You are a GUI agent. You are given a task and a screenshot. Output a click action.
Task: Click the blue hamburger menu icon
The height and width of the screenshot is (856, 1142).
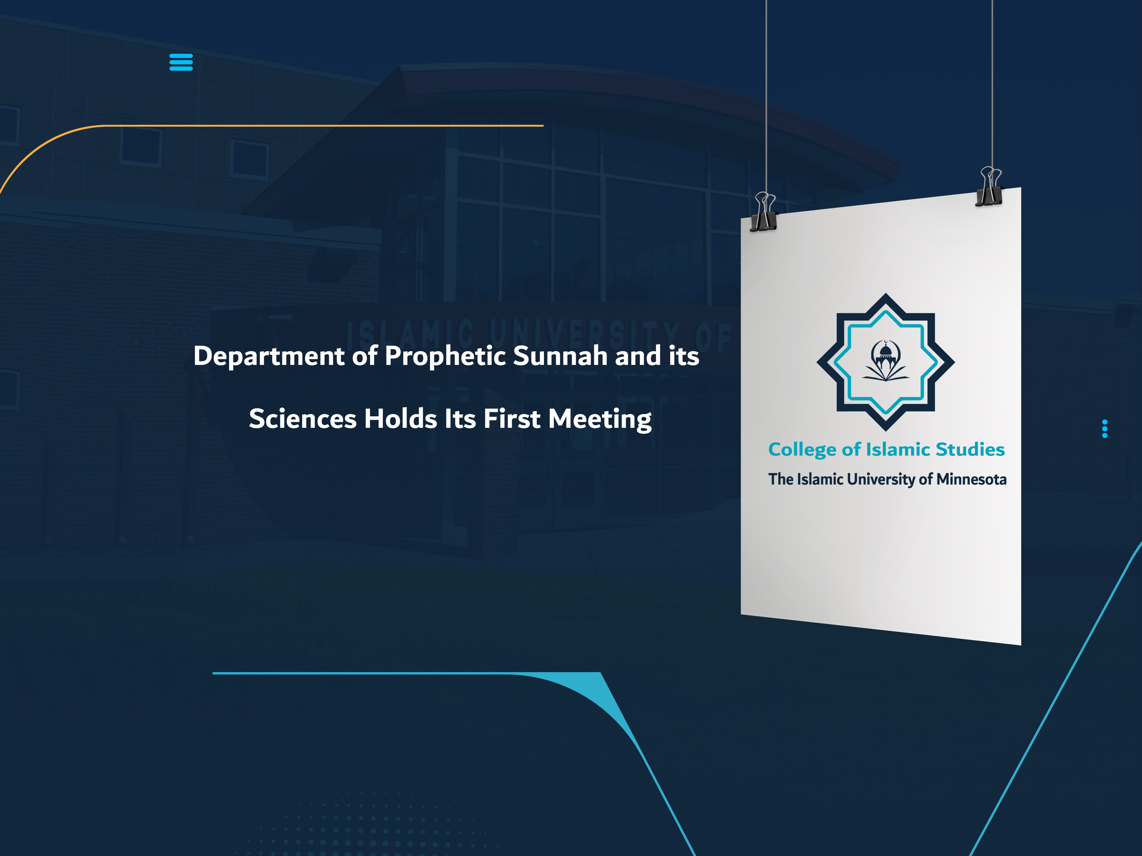tap(181, 62)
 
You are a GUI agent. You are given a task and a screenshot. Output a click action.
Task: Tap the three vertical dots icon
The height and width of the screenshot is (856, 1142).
tap(1104, 429)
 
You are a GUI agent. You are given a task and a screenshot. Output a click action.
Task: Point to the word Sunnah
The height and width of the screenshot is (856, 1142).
tap(560, 356)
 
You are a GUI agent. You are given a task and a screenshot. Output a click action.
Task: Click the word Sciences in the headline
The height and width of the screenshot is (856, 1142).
tap(302, 419)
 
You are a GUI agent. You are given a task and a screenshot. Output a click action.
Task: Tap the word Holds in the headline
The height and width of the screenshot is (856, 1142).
tap(401, 419)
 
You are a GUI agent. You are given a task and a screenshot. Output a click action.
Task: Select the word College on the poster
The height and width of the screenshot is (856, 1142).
tap(802, 450)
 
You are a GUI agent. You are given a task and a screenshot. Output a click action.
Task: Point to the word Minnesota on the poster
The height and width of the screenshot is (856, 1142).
tap(971, 479)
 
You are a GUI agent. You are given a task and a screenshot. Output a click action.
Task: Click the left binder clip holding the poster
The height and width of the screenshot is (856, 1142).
tap(764, 212)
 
